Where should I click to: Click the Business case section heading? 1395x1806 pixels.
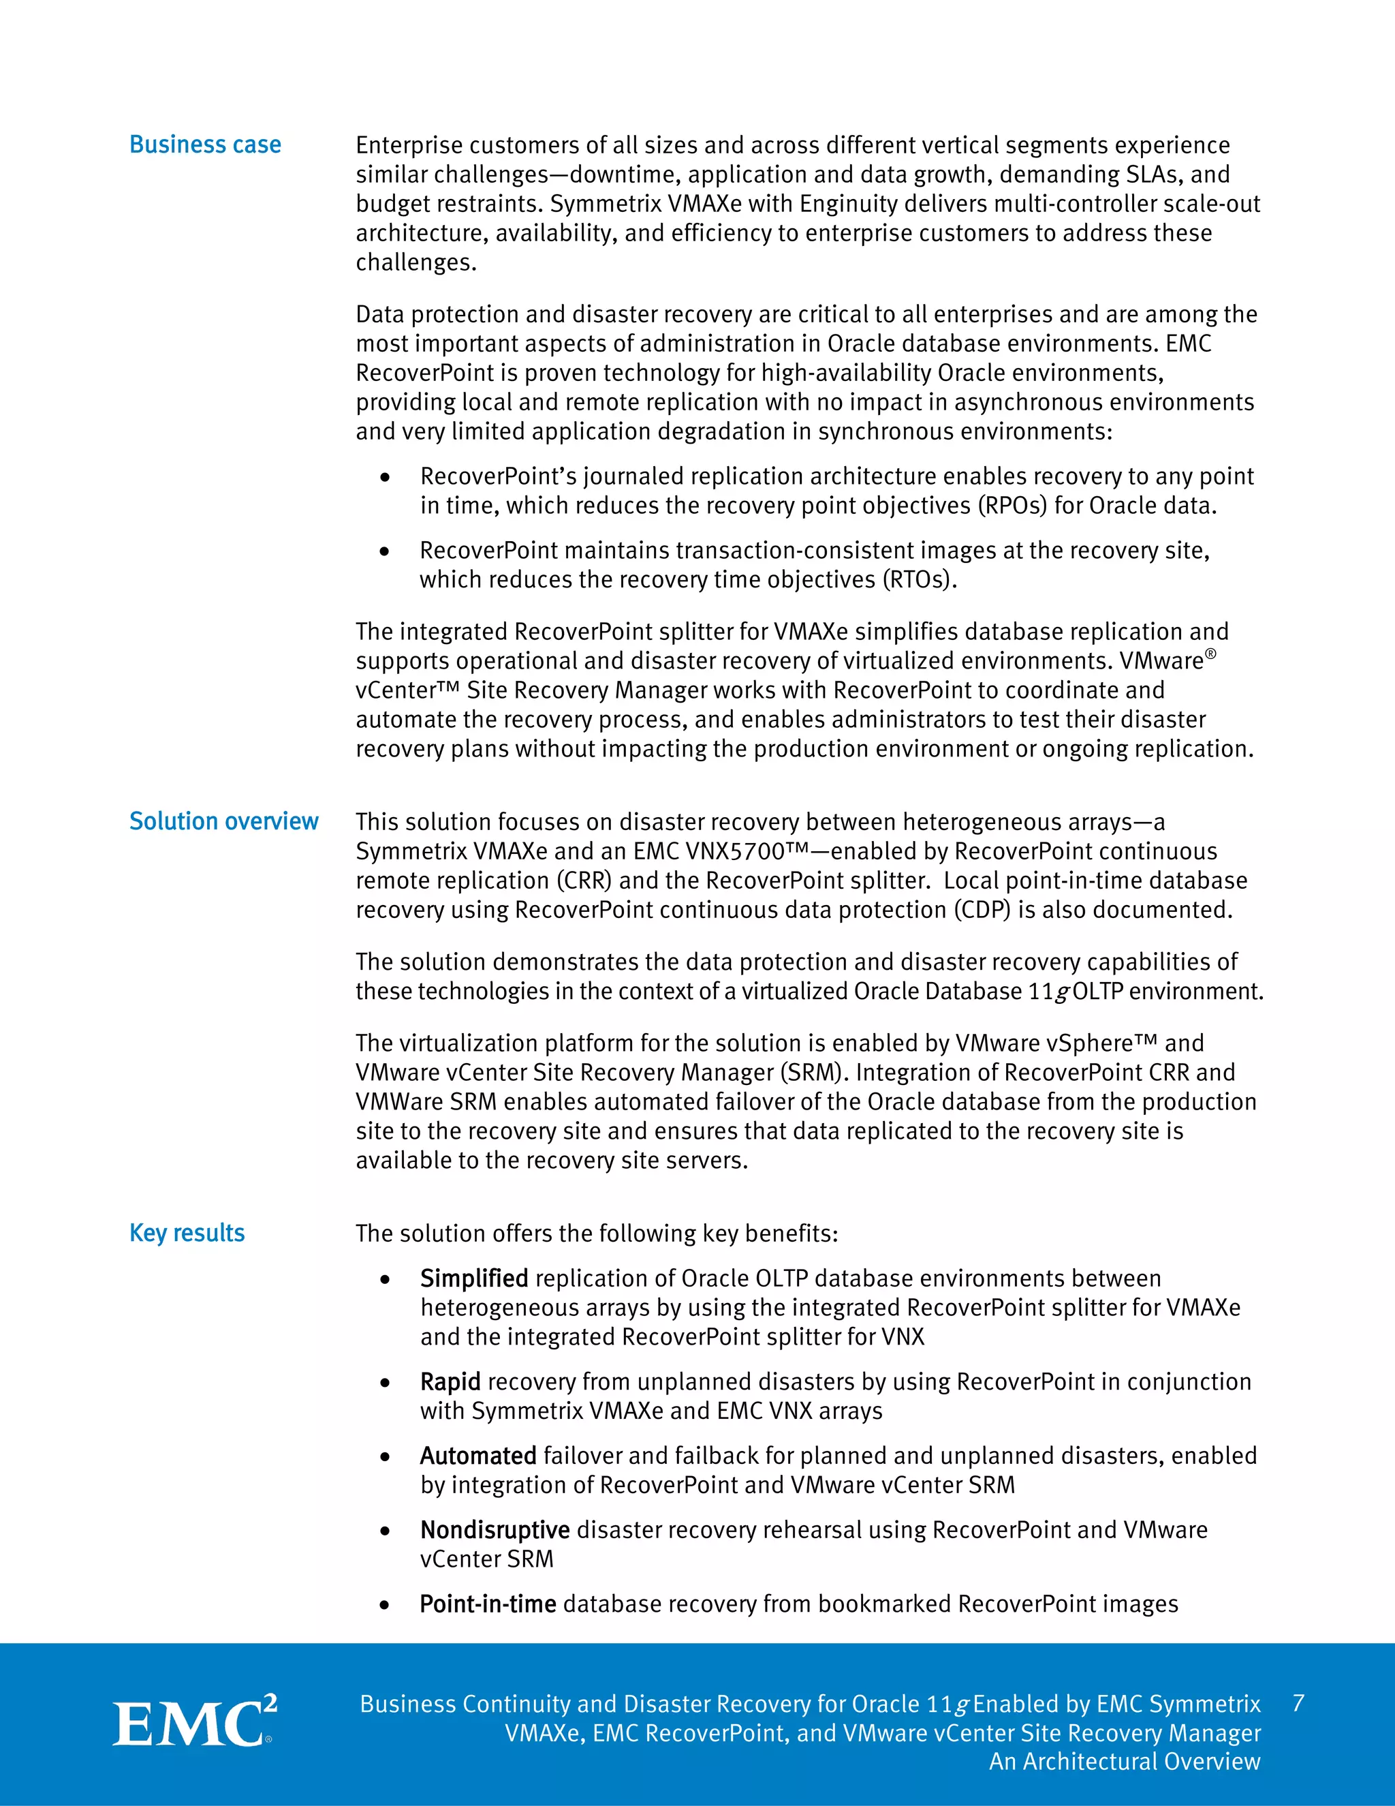coord(205,144)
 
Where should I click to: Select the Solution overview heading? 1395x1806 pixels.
coord(223,821)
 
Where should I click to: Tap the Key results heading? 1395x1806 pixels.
coord(187,1233)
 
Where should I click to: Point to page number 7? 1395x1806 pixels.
coord(1298,1704)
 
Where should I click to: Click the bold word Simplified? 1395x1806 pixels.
coord(473,1279)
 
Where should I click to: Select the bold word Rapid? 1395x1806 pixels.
coord(450,1382)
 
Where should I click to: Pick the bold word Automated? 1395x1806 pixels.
coord(478,1456)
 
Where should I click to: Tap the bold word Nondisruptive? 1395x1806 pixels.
coord(495,1530)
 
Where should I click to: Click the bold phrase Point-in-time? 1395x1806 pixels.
coord(488,1604)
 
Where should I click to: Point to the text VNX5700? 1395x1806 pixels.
coord(735,852)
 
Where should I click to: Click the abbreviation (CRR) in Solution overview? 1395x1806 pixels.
coord(586,881)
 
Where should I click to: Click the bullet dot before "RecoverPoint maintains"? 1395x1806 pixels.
coord(384,551)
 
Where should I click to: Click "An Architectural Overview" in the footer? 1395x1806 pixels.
coord(1125,1761)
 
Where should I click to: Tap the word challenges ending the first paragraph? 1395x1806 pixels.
coord(414,263)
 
